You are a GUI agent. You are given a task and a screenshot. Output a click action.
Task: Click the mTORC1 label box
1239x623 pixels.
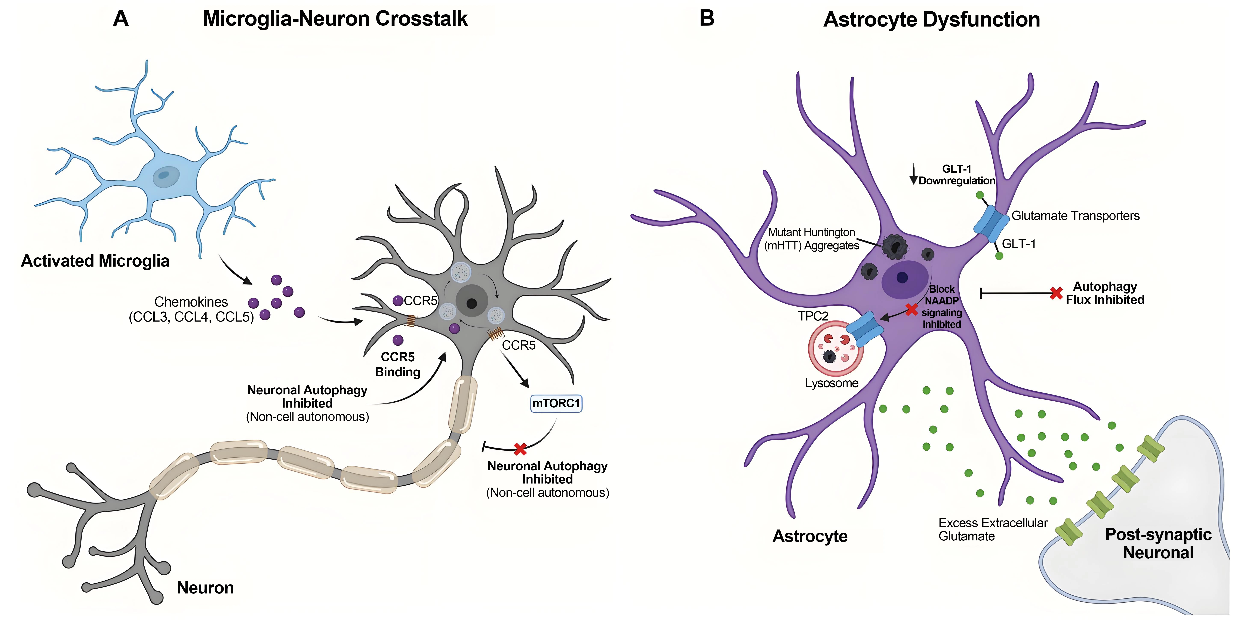point(556,403)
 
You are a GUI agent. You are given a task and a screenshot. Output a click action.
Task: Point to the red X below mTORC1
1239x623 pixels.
point(520,449)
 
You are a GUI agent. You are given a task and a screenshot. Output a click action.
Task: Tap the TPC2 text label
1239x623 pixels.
point(813,316)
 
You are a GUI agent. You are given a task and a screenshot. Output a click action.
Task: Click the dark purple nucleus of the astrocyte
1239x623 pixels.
point(902,277)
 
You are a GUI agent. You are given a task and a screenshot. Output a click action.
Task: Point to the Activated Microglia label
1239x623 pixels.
point(95,261)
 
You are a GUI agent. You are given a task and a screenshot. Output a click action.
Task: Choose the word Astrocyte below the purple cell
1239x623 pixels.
point(810,536)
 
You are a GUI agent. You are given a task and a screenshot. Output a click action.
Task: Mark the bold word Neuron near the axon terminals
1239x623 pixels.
point(205,587)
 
